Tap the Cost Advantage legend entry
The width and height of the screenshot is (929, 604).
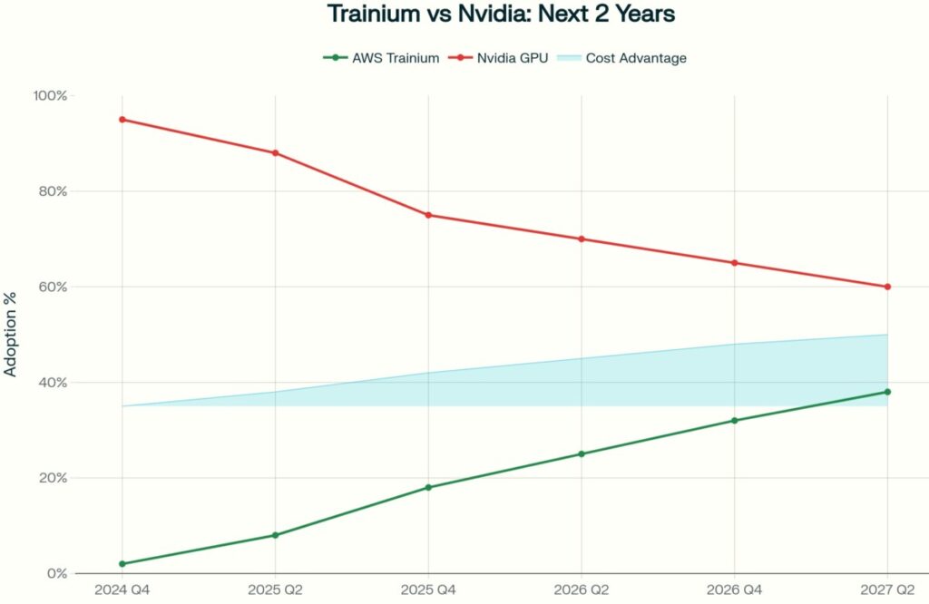(x=621, y=58)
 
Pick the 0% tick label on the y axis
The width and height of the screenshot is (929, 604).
(x=58, y=573)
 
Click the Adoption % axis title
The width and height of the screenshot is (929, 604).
(x=12, y=335)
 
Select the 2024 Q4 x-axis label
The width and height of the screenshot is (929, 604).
(x=122, y=589)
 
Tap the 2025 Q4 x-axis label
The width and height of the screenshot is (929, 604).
(x=428, y=589)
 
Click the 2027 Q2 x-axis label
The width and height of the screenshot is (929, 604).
(x=887, y=589)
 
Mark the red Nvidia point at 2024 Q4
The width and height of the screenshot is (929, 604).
(x=122, y=120)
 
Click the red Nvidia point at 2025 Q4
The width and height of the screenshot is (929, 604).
(x=428, y=215)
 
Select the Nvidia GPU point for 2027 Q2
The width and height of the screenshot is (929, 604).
(x=887, y=287)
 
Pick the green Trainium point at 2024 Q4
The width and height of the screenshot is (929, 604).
(x=122, y=564)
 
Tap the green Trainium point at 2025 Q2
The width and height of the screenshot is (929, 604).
(x=275, y=535)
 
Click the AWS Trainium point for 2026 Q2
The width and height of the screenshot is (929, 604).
(x=582, y=453)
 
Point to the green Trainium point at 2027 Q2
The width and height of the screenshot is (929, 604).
(x=887, y=392)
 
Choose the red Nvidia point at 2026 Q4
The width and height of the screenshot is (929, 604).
(x=734, y=263)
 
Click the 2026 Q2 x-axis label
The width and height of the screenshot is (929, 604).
(x=582, y=589)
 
